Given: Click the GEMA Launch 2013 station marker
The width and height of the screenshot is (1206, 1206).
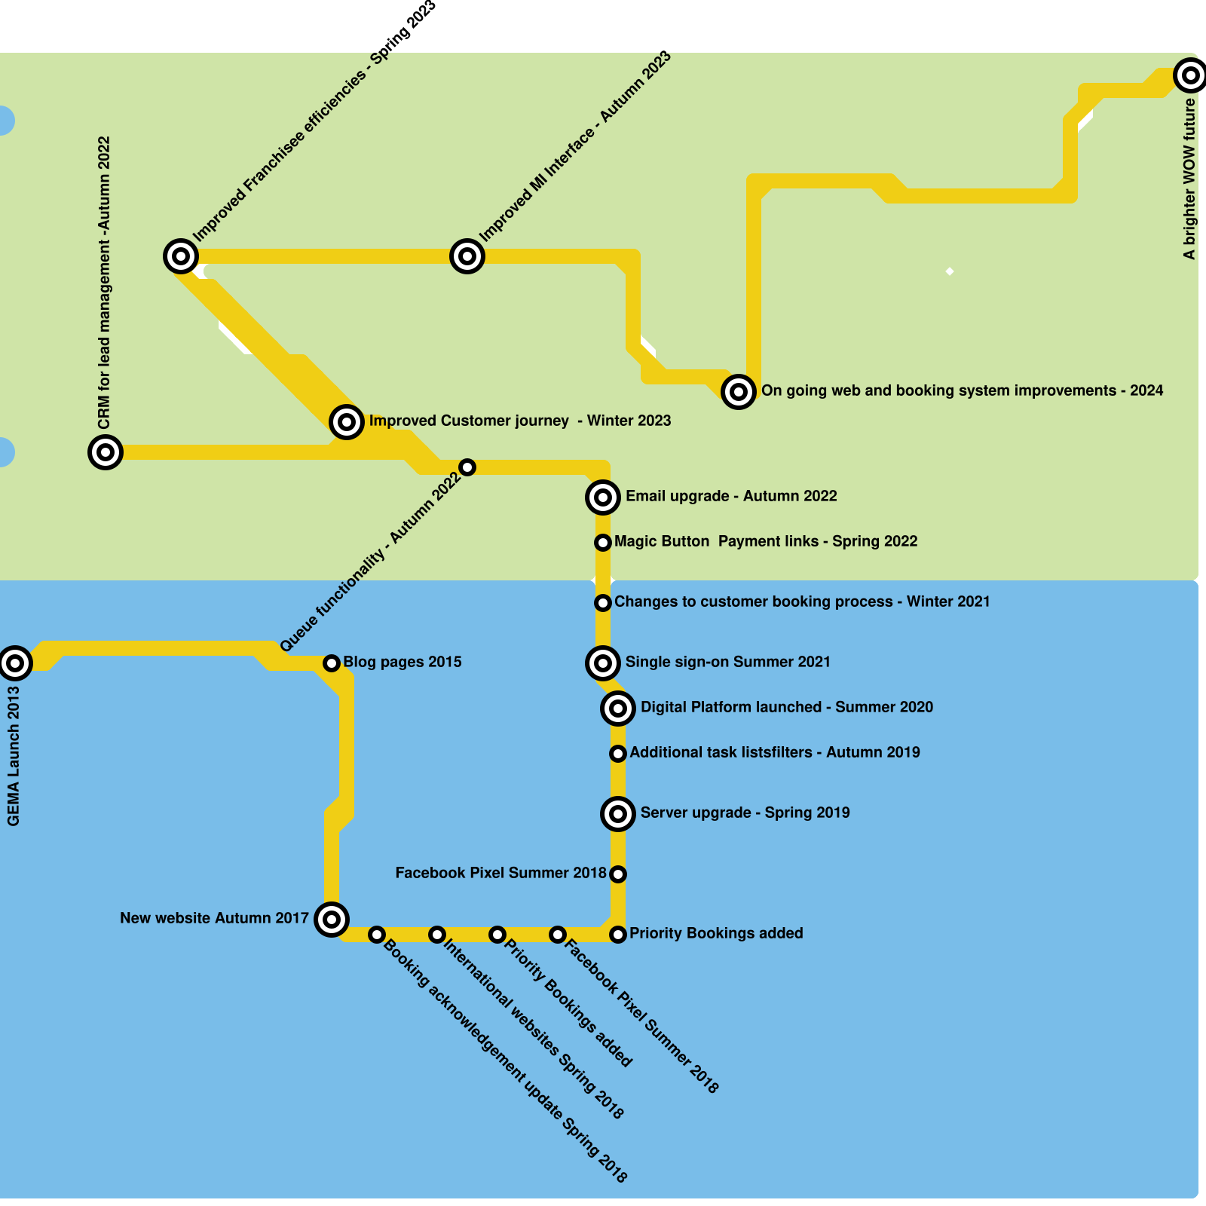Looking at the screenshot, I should (15, 663).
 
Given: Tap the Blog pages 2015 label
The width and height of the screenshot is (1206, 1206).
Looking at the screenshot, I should (402, 662).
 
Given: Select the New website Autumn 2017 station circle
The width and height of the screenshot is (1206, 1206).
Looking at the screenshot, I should (332, 919).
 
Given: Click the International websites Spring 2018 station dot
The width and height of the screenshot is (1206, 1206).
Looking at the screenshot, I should (437, 935).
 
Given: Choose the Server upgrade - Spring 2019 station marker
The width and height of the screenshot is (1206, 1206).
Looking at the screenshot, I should (618, 813).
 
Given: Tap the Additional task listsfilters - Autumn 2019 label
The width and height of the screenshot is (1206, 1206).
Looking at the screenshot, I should (774, 752).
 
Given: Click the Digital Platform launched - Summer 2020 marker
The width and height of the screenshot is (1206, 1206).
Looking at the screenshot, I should (618, 708).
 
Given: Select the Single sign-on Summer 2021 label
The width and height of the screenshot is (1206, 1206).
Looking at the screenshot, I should (727, 662).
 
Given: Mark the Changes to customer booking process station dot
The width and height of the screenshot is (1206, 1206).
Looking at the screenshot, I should (603, 602).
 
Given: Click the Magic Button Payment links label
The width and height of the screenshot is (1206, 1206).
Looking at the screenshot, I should (765, 541).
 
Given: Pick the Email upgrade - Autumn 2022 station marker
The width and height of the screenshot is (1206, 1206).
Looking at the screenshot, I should (603, 497).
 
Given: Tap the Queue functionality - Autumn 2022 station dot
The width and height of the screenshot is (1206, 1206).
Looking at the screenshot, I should (467, 467).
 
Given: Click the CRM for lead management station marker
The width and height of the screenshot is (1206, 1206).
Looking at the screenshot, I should (106, 451).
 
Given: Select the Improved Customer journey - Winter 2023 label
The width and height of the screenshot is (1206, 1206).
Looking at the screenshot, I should (519, 421).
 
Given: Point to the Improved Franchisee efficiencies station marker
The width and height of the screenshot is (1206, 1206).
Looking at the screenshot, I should (181, 256).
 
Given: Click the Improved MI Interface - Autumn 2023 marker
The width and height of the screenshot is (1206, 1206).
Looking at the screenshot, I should (467, 256).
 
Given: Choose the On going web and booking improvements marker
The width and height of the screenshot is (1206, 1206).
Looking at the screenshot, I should (739, 391).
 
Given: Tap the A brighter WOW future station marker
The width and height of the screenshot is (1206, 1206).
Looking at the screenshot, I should (1190, 75).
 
